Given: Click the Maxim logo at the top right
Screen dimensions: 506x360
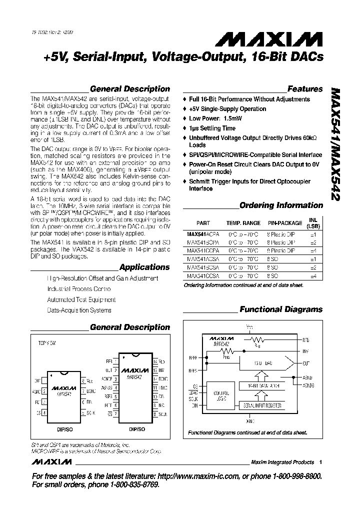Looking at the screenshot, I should coord(286,39).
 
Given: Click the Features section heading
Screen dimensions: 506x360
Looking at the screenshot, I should coord(305,89).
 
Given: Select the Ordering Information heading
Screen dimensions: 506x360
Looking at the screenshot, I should coord(281,205).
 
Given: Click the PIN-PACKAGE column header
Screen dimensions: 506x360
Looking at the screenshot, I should coord(284,223).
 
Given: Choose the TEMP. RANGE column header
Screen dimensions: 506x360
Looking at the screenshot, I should coord(243,223).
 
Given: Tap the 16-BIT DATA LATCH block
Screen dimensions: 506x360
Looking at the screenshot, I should coord(259,387).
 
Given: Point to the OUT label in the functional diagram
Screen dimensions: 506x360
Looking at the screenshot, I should coord(306,364).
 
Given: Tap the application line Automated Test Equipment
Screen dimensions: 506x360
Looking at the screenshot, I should coord(81,300).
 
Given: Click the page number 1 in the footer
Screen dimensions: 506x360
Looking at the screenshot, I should coord(320,462).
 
